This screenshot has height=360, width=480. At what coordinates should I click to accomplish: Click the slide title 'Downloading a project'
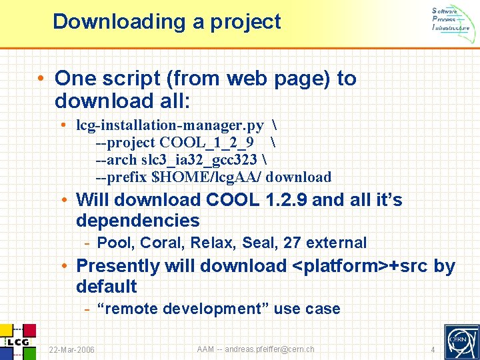tap(167, 21)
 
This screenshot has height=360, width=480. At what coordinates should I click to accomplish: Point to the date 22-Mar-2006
tap(72, 350)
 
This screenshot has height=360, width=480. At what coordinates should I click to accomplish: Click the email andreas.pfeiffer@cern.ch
tap(269, 349)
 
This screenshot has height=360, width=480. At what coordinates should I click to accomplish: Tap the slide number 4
tap(433, 350)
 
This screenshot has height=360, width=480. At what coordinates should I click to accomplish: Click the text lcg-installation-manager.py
tap(170, 125)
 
